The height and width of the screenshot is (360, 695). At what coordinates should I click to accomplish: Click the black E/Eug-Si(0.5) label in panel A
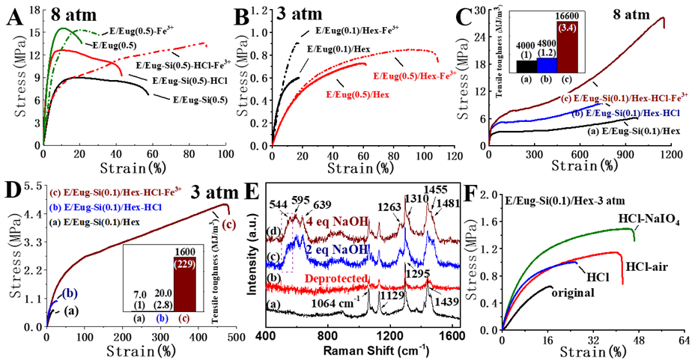(x=196, y=99)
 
